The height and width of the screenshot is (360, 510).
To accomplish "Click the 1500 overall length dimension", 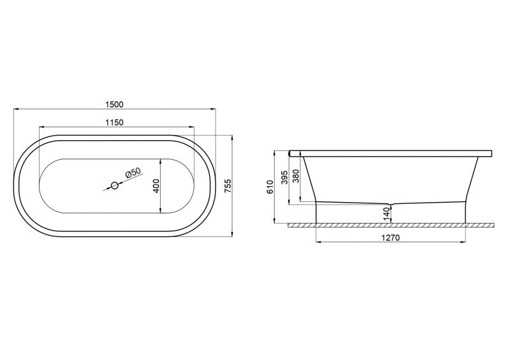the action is (115, 104).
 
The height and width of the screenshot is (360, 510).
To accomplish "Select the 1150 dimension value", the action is (115, 122).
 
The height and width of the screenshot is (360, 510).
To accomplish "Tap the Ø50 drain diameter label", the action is (132, 173).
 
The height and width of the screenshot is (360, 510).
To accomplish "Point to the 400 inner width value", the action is (156, 185).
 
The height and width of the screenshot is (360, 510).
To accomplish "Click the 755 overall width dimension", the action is (228, 185).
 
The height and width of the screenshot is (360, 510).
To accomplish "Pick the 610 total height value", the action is (270, 187).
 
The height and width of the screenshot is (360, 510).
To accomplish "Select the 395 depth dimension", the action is (284, 178).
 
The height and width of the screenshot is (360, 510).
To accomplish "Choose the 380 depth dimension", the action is (296, 176).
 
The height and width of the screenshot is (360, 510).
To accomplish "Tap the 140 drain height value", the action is (386, 214).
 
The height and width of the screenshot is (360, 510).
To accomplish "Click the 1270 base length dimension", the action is (390, 238).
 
